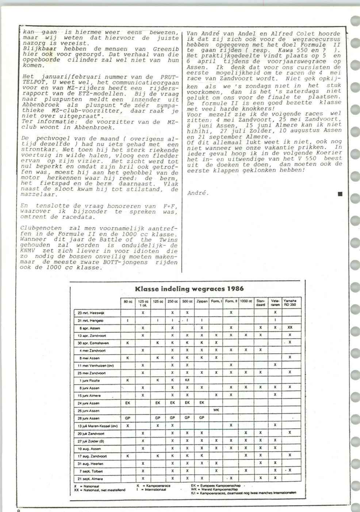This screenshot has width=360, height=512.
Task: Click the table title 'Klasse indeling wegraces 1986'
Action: [189, 289]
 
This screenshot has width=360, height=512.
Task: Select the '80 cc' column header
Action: [127, 301]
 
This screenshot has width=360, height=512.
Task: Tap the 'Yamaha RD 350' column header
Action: [290, 302]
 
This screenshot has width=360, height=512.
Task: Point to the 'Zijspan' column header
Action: [202, 301]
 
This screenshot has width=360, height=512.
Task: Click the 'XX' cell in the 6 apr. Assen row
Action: [290, 328]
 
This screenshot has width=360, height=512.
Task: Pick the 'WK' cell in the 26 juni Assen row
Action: [216, 410]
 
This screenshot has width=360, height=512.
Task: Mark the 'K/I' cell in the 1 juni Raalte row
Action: [187, 381]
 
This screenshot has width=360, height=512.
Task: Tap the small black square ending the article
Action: [340, 194]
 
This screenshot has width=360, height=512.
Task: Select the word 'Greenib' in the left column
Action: [166, 49]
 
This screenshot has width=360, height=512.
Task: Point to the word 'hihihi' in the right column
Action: [198, 130]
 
